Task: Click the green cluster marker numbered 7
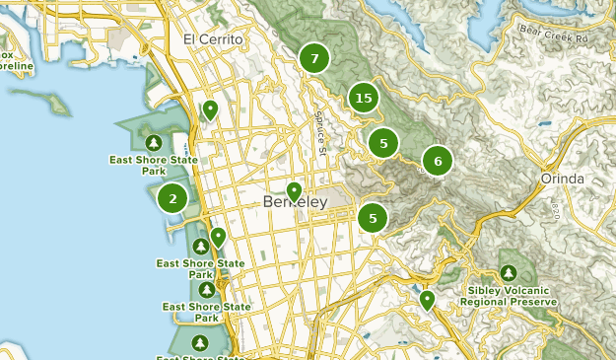314,59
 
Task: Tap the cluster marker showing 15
364,98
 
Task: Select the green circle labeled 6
438,161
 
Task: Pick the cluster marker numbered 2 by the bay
173,198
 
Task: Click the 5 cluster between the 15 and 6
383,143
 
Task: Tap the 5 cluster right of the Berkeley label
373,218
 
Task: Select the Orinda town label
563,179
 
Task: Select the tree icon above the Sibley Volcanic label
509,272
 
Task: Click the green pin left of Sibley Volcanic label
427,299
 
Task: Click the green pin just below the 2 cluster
218,236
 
